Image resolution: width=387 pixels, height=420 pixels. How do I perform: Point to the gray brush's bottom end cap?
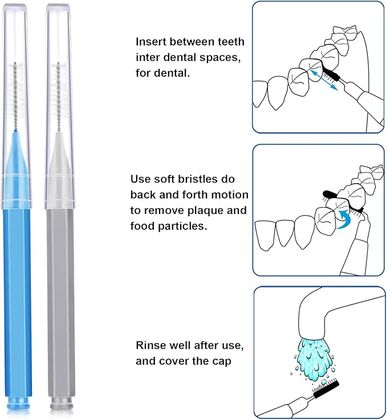61,405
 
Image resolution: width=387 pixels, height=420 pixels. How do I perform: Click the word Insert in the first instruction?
150,42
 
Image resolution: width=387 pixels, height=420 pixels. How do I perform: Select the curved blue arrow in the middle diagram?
344,219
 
